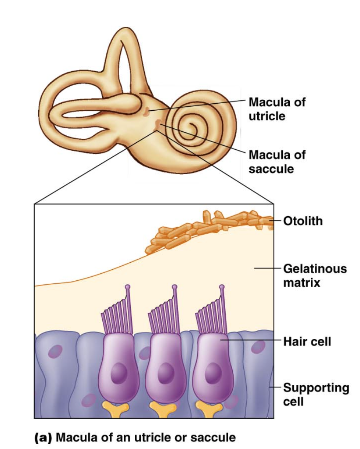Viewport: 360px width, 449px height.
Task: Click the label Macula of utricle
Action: [x=277, y=109]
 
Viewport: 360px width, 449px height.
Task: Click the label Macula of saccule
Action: [x=277, y=161]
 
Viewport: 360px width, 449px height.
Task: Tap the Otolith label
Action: [x=302, y=221]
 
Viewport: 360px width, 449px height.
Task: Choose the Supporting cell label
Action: [x=316, y=394]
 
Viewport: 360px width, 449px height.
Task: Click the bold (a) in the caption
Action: [x=43, y=437]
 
